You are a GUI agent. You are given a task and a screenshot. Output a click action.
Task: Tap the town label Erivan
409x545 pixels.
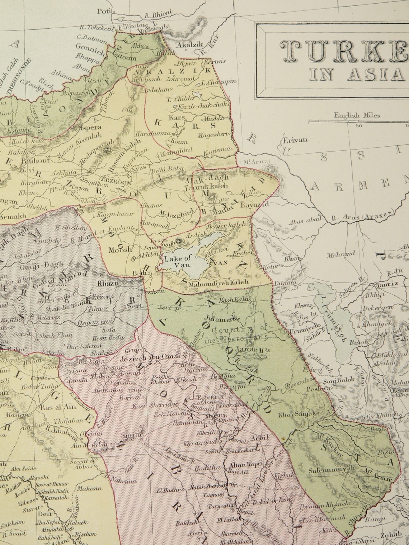(x=295, y=140)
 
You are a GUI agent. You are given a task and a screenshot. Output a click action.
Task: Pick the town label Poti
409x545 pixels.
(x=103, y=11)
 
